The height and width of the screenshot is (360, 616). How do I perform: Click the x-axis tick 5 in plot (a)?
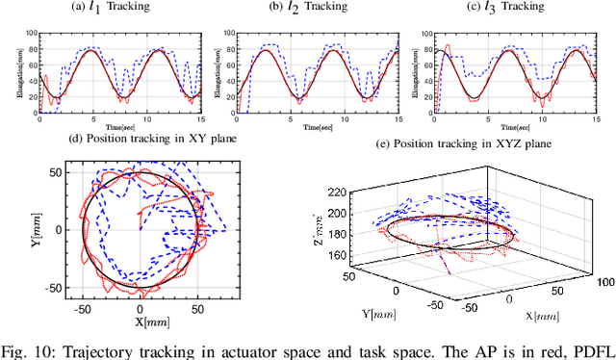pos(92,119)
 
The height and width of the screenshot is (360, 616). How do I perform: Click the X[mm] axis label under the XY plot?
pos(141,318)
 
